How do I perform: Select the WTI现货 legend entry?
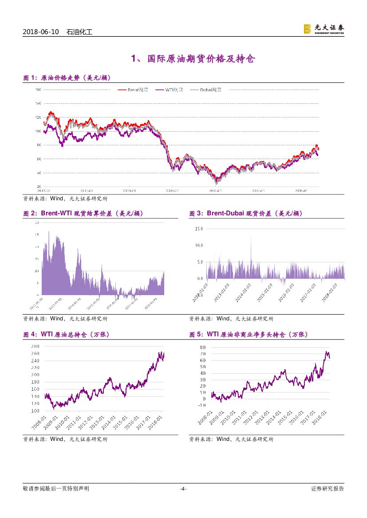coord(169,90)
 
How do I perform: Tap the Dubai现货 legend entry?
coord(206,90)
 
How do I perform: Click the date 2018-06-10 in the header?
coord(40,32)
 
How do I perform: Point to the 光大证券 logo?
coord(324,29)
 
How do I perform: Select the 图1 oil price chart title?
coord(67,78)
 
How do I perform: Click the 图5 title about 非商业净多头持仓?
coord(248,335)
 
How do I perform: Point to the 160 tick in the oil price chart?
coord(38,90)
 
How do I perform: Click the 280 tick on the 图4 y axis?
coord(36,346)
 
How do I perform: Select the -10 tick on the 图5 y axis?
coord(202,405)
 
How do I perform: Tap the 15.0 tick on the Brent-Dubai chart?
coord(199,229)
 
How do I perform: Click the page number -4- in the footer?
coord(183,489)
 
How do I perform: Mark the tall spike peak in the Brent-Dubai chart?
coord(251,235)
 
